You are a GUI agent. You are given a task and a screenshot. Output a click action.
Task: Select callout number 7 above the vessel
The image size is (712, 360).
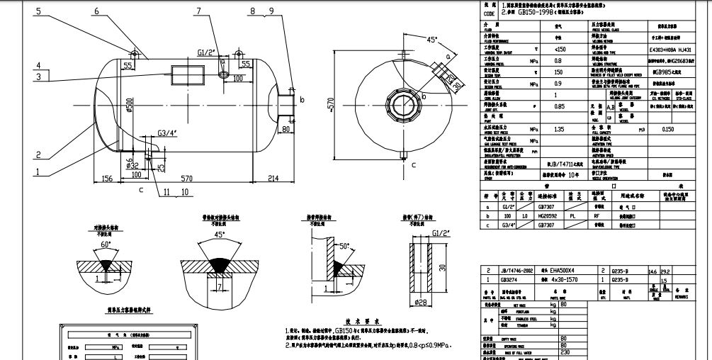pyautogui.click(x=199, y=11)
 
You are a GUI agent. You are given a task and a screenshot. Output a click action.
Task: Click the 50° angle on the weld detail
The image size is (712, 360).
pyautogui.click(x=344, y=246)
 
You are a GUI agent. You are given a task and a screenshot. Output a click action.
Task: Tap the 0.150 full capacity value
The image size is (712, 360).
pyautogui.click(x=667, y=130)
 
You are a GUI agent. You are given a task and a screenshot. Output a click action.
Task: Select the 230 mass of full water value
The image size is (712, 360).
pyautogui.click(x=564, y=353)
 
